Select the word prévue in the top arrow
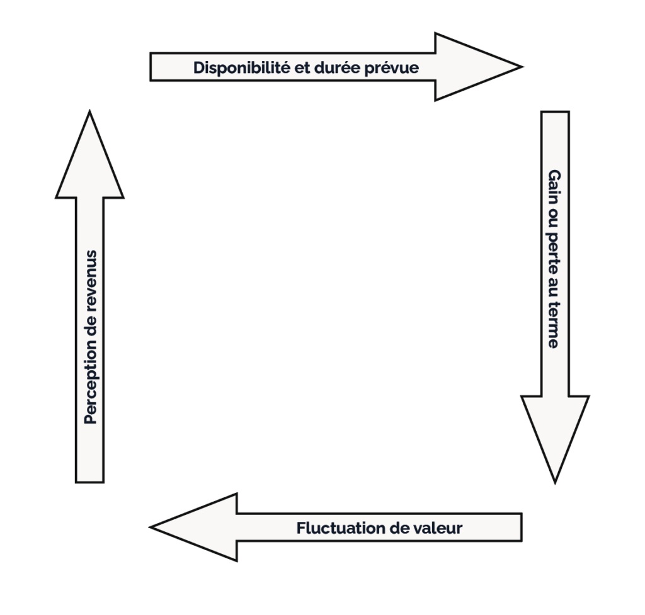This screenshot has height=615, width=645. click(x=391, y=67)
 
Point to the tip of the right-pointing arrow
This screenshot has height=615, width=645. click(x=522, y=66)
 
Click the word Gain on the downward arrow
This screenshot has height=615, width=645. click(x=554, y=187)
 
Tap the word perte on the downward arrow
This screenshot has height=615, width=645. click(x=554, y=249)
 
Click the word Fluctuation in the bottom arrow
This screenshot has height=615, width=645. click(x=336, y=528)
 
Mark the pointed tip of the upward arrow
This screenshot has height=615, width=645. click(x=90, y=112)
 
